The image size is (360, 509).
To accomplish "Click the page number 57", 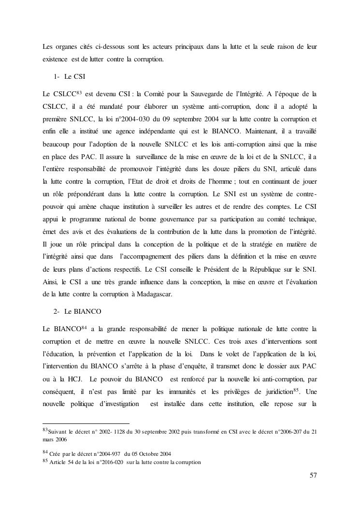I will tap(313, 475).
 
